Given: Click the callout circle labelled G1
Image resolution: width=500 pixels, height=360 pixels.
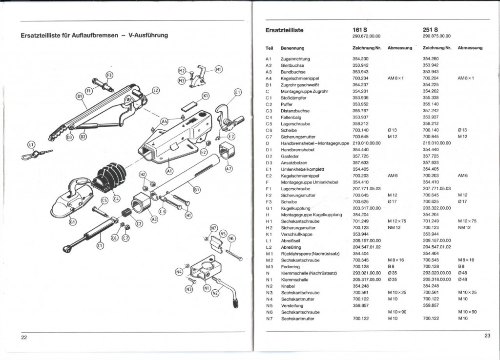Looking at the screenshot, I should [x=73, y=222].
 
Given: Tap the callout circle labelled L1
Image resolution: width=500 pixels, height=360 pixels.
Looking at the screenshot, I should [x=31, y=145].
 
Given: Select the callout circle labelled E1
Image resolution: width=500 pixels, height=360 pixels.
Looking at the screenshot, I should [x=238, y=92].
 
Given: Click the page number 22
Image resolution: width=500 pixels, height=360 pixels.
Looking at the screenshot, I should [x=24, y=337].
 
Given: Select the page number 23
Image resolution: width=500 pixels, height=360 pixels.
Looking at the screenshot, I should [x=487, y=335].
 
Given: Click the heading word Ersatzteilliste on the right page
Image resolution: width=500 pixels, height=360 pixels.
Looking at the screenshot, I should [x=284, y=31].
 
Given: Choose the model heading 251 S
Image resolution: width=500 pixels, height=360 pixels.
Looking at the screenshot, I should [x=430, y=30].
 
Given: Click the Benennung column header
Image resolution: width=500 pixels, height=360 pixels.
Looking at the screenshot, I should [x=292, y=48].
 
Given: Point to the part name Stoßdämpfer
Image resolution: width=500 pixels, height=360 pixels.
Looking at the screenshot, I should [x=292, y=97].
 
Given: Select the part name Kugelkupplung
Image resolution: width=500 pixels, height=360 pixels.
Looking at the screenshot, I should [x=295, y=207].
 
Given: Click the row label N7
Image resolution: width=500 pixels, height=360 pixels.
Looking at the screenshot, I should [x=269, y=319].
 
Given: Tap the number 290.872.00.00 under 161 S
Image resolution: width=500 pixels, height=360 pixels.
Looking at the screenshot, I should [x=366, y=36].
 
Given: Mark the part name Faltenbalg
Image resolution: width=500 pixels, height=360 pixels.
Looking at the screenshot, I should [x=291, y=117].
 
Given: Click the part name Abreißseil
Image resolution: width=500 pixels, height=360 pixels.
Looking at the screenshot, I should [x=292, y=240].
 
